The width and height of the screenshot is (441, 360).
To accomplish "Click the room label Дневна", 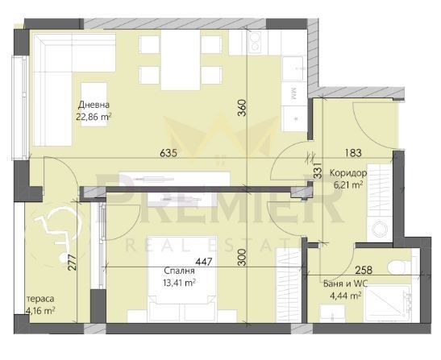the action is click(94, 106).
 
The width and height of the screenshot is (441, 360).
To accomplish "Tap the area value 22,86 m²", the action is click(93, 117).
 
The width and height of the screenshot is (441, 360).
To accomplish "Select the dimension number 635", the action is click(168, 153).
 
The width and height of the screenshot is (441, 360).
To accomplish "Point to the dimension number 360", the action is click(242, 108).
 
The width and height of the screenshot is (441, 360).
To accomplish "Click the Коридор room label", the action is click(348, 173).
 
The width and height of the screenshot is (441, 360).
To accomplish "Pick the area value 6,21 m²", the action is click(348, 185).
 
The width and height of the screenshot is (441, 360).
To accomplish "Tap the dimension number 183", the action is click(353, 153).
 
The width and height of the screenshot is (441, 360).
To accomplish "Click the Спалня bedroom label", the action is click(179, 271).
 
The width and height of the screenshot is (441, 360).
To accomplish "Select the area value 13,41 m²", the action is click(179, 283).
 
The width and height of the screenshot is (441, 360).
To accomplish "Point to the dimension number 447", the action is click(204, 262).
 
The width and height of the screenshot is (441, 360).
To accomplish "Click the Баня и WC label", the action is click(345, 283).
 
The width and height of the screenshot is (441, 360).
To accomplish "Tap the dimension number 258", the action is click(364, 271).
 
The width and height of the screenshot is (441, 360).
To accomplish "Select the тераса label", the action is click(40, 299).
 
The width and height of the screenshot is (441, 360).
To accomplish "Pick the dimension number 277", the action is click(72, 263).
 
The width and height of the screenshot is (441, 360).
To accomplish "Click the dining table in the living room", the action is click(181, 60).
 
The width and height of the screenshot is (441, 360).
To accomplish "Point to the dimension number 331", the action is click(318, 170).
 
